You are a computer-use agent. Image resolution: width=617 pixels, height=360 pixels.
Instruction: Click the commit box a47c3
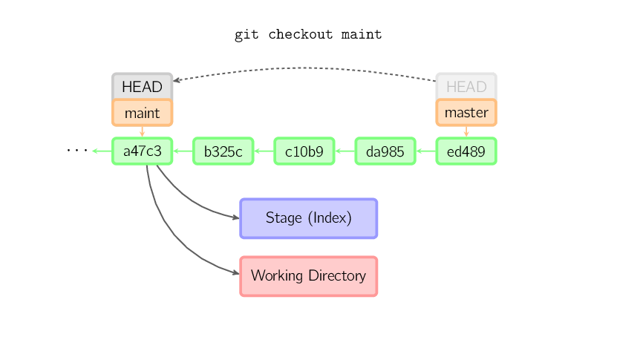143,151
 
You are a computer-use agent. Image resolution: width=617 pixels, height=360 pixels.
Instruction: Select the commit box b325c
223,151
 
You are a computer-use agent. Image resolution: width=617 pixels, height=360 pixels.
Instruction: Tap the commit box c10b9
304,151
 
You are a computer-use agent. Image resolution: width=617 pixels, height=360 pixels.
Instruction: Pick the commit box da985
385,151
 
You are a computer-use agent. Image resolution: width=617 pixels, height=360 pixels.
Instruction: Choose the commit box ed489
466,151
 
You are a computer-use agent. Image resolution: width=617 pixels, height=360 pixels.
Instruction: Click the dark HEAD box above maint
143,86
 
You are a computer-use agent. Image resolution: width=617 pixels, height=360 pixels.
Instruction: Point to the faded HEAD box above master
466,86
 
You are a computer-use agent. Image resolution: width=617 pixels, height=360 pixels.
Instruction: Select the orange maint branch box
143,113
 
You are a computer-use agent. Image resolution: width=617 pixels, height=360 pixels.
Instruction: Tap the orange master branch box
466,113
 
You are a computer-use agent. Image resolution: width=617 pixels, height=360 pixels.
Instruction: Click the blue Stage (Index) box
309,218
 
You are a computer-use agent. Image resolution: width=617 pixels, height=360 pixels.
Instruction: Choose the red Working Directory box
309,276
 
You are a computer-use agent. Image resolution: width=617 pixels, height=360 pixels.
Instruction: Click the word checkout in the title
301,35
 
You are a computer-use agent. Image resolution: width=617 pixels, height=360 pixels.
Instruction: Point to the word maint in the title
362,35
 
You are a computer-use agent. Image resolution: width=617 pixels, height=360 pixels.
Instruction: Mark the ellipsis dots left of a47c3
77,150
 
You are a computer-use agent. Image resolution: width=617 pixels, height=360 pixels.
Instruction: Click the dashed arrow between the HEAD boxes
304,68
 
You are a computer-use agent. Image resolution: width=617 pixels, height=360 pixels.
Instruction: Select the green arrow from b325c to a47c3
183,151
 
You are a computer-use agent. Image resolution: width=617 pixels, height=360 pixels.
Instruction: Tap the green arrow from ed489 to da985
425,151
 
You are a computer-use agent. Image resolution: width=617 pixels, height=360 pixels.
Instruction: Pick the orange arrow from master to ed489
466,131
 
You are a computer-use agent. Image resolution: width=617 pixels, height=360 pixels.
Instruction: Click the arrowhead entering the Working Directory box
236,272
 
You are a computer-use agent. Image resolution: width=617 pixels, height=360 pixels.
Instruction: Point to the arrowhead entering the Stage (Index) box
236,217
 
